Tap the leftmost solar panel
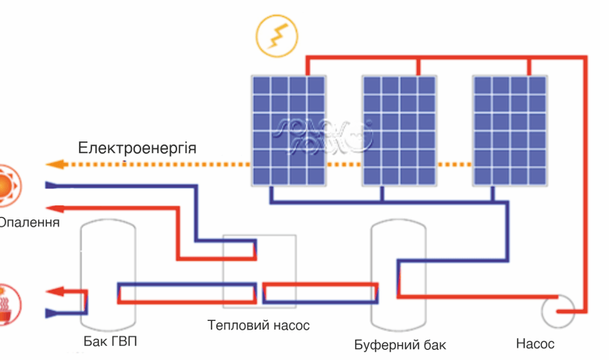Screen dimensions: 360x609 coord(289,130)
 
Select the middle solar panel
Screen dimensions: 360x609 coord(400,130)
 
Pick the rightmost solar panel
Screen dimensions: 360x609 coord(511,130)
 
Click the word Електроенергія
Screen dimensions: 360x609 coord(137,148)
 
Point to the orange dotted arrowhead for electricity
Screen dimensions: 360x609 coord(53,165)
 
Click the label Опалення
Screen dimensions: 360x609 coord(28,223)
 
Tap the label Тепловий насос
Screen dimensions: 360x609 coord(258,325)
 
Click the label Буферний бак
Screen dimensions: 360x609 coord(400,344)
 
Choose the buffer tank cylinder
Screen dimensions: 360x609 coord(399,273)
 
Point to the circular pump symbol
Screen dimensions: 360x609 coord(558,312)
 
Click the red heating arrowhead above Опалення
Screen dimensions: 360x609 coord(53,209)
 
